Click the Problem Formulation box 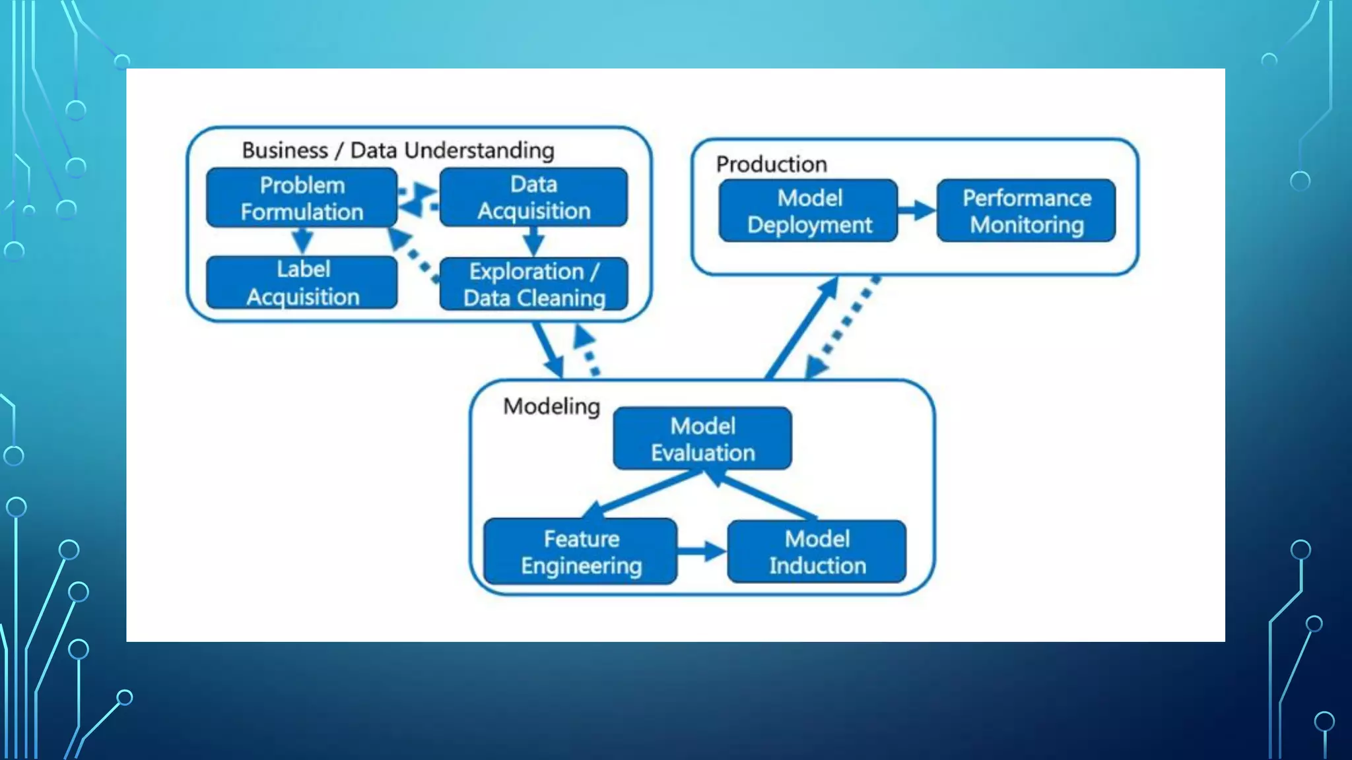point(302,198)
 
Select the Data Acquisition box point(533,197)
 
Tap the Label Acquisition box point(302,283)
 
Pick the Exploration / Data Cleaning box point(533,284)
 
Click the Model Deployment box point(809,211)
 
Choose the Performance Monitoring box point(1026,211)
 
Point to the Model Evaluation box point(702,439)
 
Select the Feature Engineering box point(580,552)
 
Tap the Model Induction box point(817,552)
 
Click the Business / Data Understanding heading point(397,150)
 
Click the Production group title point(771,164)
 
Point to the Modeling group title point(551,406)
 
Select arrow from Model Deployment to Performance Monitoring point(917,211)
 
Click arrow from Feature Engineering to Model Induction point(702,552)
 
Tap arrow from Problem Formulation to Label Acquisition point(302,241)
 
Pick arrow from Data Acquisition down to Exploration point(533,241)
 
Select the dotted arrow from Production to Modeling point(845,327)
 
